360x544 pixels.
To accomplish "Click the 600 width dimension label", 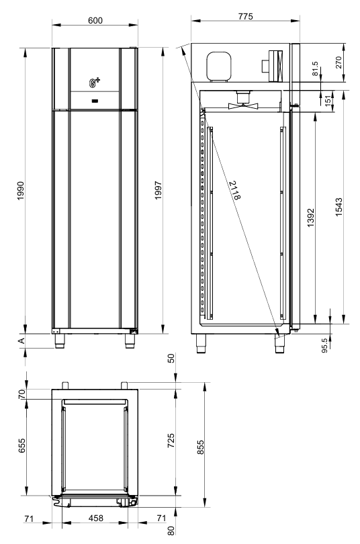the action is point(95,20).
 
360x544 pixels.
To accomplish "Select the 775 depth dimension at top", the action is point(246,16).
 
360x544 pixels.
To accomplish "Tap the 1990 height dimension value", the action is point(21,191).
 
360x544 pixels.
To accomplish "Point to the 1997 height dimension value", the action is point(159,190).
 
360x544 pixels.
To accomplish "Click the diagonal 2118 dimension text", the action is point(235,190).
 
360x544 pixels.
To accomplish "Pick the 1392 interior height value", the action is point(311,218).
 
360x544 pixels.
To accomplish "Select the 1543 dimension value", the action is point(339,208).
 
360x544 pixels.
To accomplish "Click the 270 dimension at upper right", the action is point(339,62).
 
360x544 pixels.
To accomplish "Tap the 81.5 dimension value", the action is point(315,69).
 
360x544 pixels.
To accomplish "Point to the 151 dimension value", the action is point(328,101).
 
